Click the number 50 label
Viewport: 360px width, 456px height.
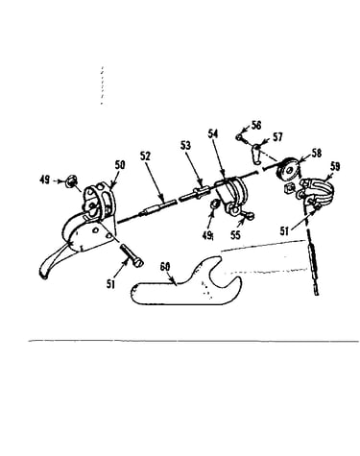tap(120, 165)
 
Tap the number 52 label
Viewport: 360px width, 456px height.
tap(145, 156)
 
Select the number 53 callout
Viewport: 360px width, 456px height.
tap(185, 146)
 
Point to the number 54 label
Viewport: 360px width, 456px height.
tap(213, 133)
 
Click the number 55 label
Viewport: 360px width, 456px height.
tap(235, 235)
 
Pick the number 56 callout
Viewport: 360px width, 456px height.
tap(256, 125)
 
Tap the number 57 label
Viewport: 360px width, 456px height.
tap(277, 137)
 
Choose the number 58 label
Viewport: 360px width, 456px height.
tap(316, 153)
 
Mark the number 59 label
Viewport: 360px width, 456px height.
tap(335, 166)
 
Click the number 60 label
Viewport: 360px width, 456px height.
tap(165, 267)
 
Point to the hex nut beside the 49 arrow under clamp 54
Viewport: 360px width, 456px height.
tap(214, 204)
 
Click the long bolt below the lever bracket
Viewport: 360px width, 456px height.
tap(132, 255)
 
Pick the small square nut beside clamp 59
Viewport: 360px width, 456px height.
tap(288, 189)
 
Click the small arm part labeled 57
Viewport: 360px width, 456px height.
tap(257, 154)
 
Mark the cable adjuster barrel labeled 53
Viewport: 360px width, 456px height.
tap(195, 193)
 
